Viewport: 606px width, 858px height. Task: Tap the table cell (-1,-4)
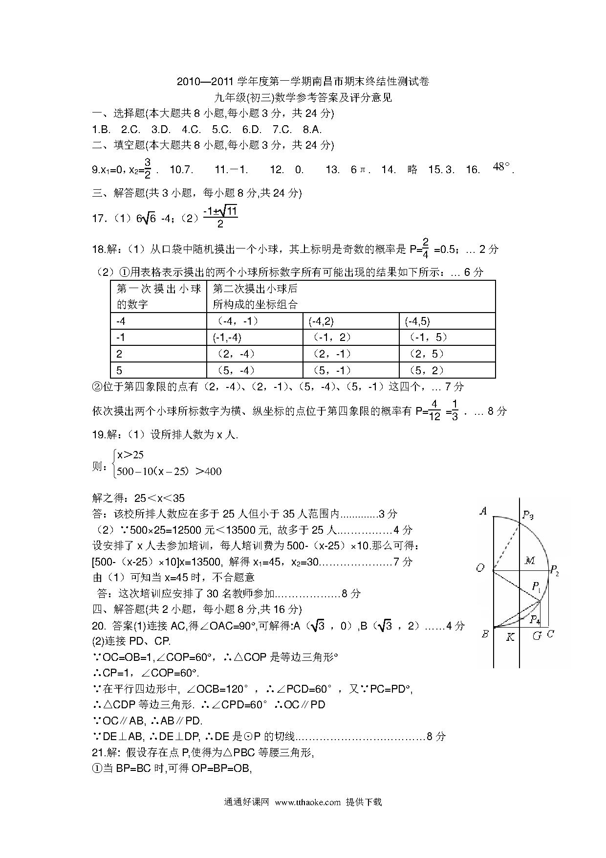tap(227, 337)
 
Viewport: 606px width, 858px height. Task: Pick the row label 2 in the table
tap(119, 354)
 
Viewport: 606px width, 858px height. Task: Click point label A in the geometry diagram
tap(483, 512)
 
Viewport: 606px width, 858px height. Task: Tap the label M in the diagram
tap(529, 561)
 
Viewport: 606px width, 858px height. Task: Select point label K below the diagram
tap(510, 637)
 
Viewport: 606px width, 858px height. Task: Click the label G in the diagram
tap(537, 636)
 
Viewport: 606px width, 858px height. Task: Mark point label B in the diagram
tap(485, 634)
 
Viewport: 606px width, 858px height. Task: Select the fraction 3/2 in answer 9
tap(148, 169)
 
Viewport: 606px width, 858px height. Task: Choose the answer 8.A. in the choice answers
tap(312, 130)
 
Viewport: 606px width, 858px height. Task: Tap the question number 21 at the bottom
tap(98, 752)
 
